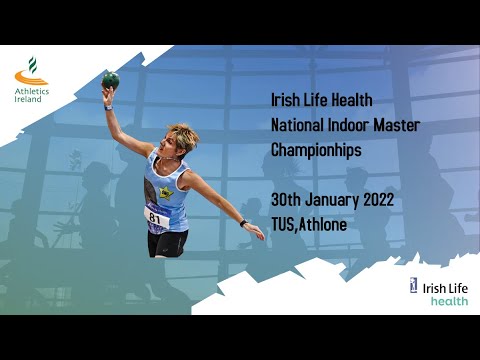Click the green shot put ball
(110, 79)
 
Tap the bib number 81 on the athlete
(155, 216)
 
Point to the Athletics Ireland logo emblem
(31, 71)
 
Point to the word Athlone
(324, 224)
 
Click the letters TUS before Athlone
(283, 224)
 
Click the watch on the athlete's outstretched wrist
(243, 222)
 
